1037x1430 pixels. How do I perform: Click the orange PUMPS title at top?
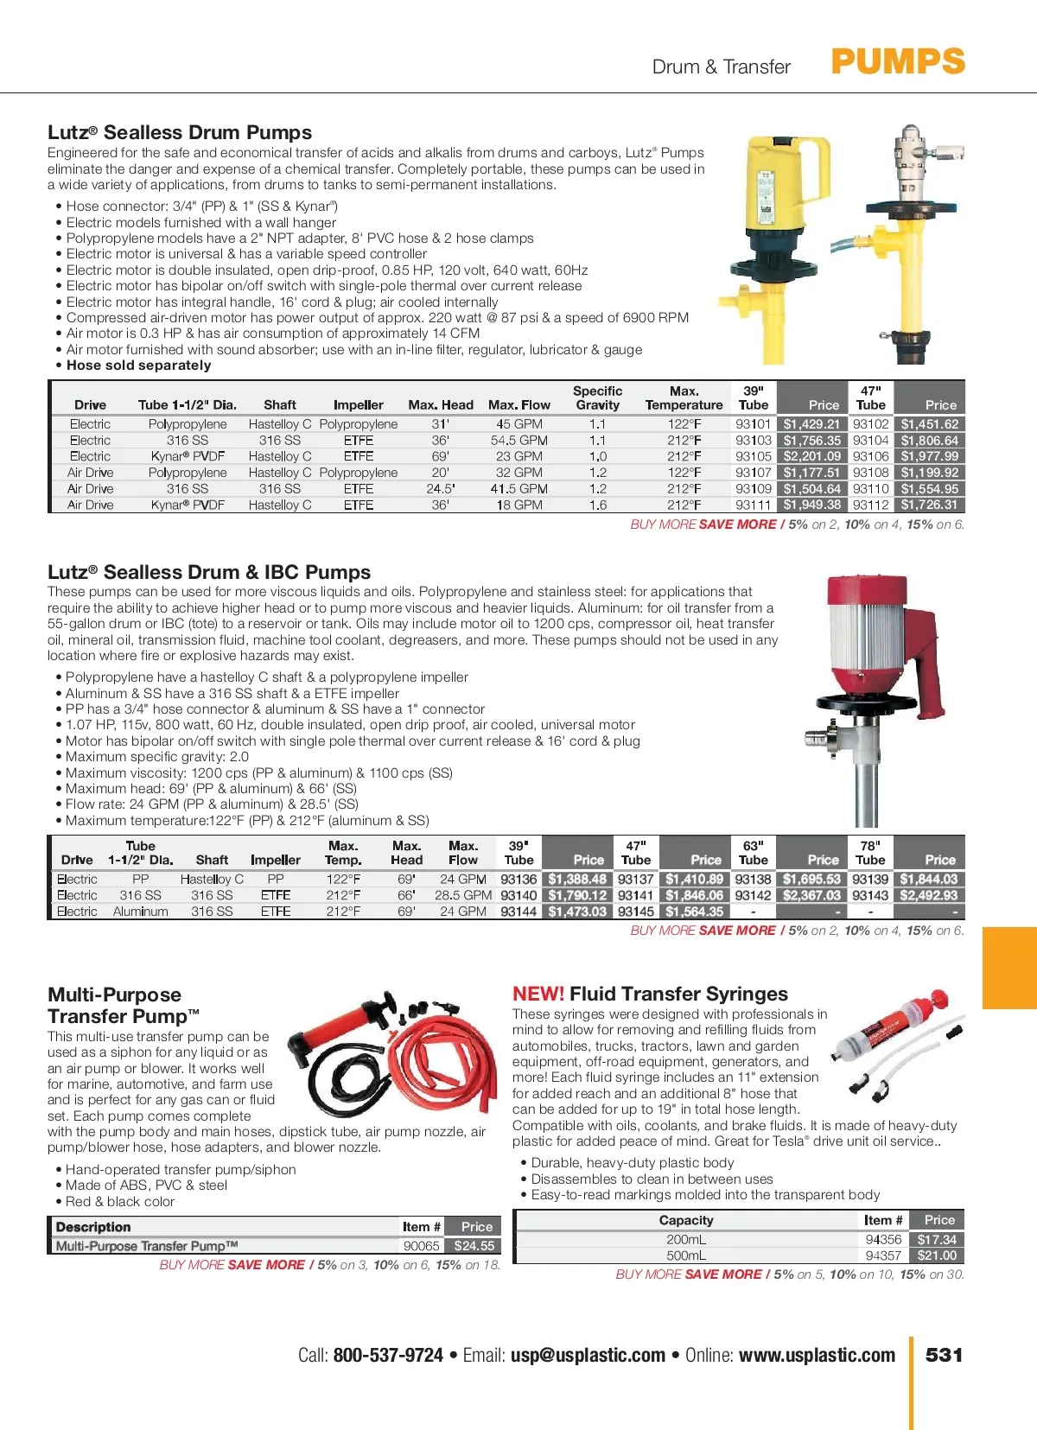tap(898, 62)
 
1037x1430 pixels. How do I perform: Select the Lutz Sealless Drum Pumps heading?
tap(180, 132)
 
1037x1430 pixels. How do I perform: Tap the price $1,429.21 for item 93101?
tap(811, 424)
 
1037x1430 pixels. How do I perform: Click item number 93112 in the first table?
tap(870, 505)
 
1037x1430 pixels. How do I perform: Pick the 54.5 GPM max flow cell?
tap(518, 441)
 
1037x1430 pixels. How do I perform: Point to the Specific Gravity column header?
tap(597, 398)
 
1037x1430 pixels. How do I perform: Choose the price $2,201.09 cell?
tap(811, 456)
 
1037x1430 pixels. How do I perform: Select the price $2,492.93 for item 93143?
tap(928, 895)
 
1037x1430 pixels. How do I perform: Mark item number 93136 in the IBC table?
tap(518, 880)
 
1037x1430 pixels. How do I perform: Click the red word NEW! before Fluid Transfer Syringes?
tap(538, 994)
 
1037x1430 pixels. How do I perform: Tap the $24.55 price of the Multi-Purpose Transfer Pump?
tap(474, 1246)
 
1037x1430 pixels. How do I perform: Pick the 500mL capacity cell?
tap(686, 1255)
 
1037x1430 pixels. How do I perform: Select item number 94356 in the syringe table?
tap(883, 1239)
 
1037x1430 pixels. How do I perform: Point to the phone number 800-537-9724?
tap(388, 1356)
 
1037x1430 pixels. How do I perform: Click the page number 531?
tap(944, 1355)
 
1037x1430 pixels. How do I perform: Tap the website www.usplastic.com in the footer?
tap(817, 1356)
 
